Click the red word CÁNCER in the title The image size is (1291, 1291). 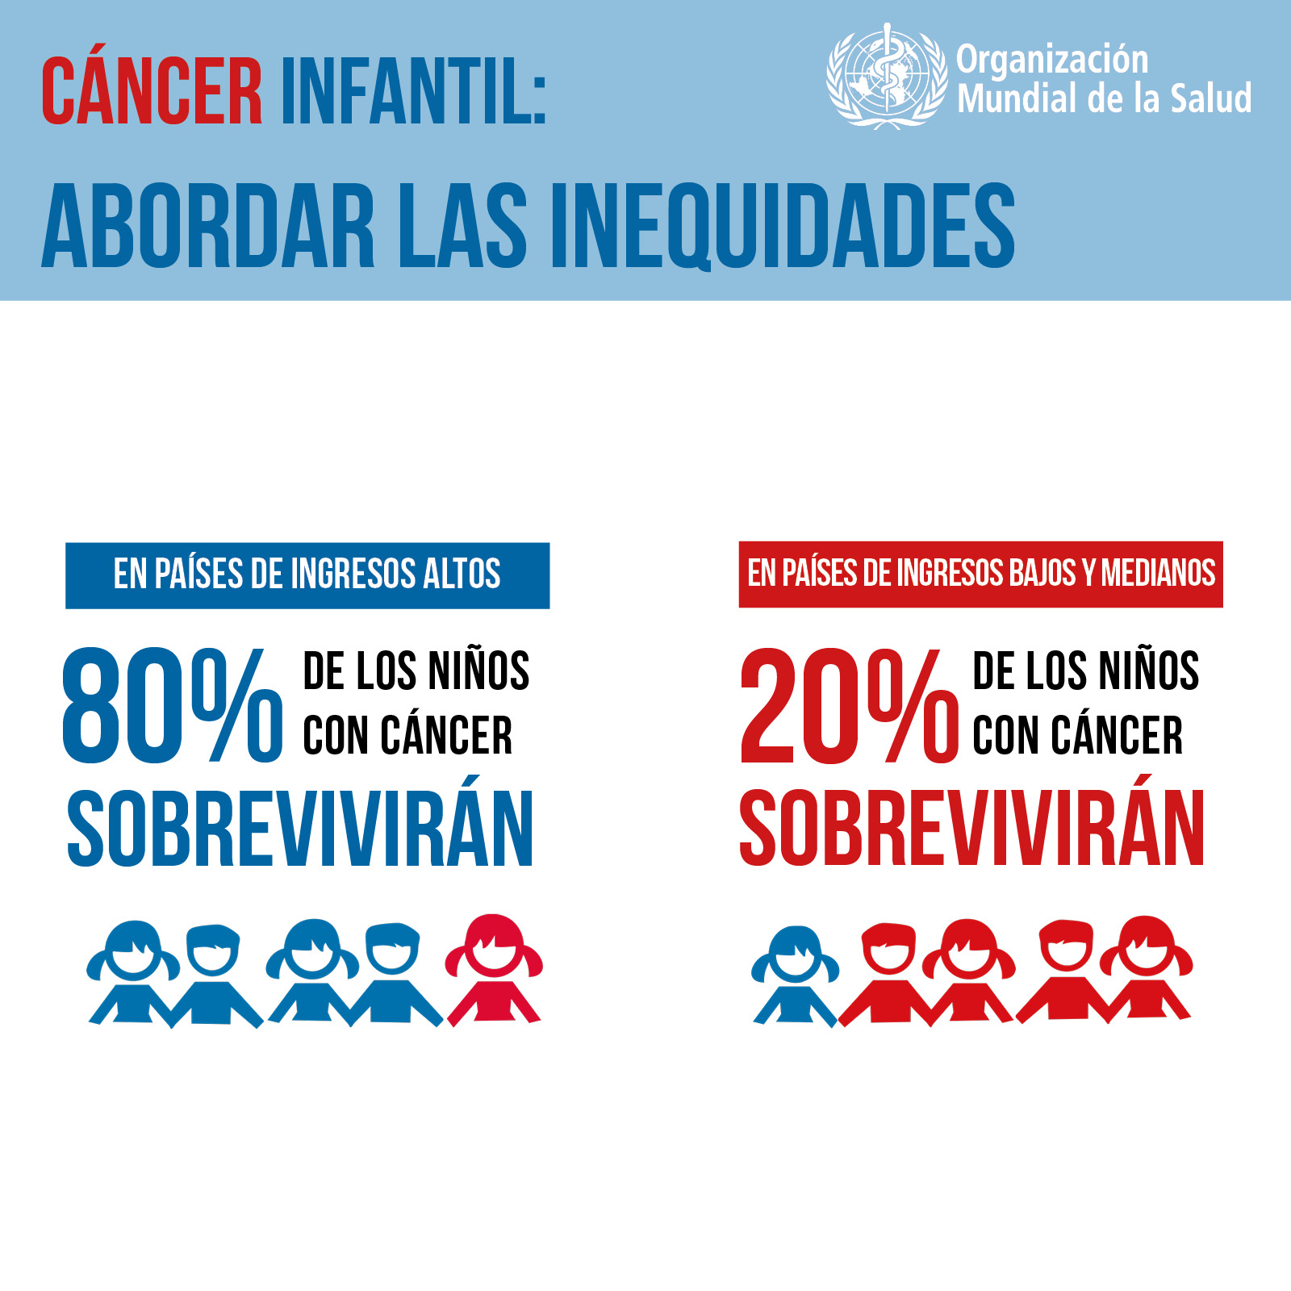(152, 91)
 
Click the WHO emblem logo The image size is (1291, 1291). (887, 76)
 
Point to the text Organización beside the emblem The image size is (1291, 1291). (1052, 60)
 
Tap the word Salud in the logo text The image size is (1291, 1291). (1210, 98)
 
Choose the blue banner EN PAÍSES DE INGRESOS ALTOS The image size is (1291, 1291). (307, 575)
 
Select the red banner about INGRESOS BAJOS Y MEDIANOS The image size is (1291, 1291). (980, 574)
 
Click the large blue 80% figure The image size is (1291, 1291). (172, 706)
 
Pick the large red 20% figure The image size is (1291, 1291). (849, 706)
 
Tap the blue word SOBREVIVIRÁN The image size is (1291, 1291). (300, 829)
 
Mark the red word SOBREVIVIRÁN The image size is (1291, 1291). (972, 829)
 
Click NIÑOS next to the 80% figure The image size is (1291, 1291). (478, 671)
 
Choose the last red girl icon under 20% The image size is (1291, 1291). (1146, 968)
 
